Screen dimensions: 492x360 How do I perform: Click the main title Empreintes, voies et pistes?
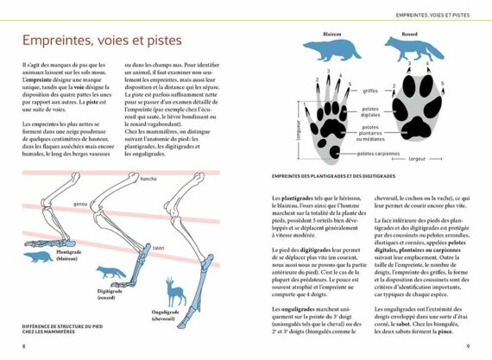coord(103,41)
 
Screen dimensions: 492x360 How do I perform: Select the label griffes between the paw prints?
coord(371,91)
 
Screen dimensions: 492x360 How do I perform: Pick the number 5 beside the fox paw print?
coord(443,85)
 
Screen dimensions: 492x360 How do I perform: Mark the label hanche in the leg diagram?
coord(148,179)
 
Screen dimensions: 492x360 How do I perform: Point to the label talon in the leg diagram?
coord(159,248)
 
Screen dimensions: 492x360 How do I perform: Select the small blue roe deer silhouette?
coord(176,294)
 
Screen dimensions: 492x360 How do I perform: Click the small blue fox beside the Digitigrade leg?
coord(111,273)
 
